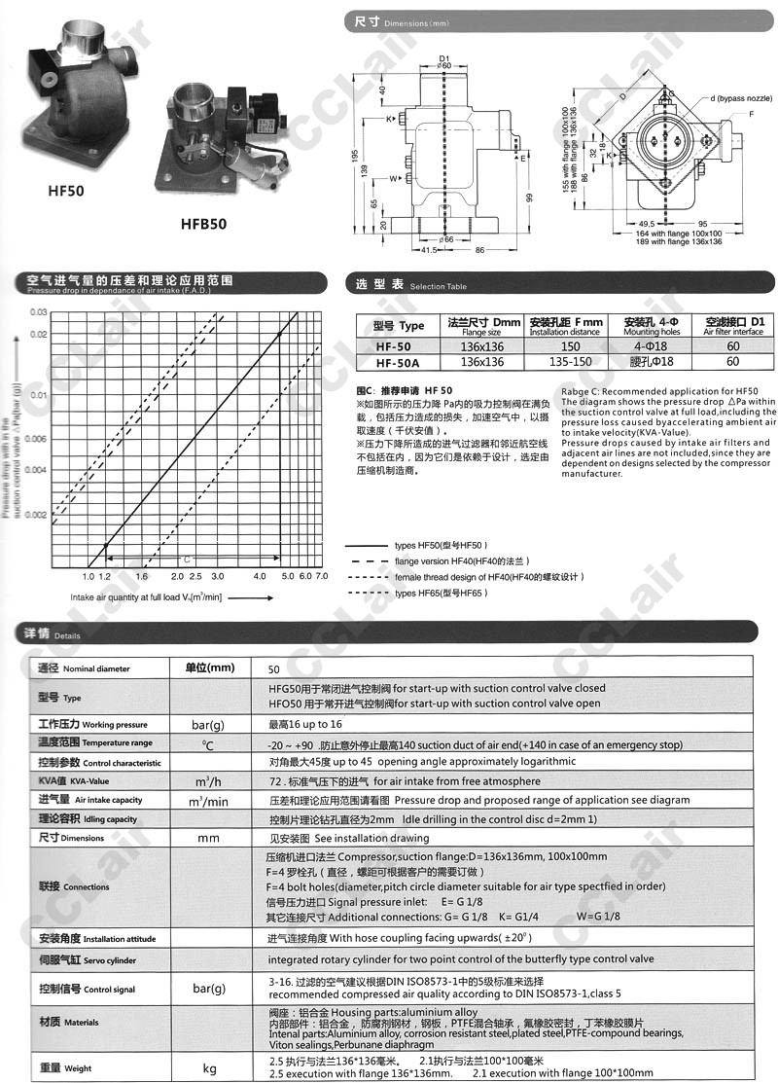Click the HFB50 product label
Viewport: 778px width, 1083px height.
click(x=203, y=223)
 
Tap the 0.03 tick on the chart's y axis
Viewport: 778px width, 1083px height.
click(x=39, y=311)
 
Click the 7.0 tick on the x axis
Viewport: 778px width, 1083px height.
click(x=323, y=576)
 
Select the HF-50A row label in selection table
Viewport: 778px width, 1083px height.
click(x=399, y=362)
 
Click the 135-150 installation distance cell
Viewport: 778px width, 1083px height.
click(x=570, y=362)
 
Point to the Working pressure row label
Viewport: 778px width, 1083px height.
click(x=92, y=725)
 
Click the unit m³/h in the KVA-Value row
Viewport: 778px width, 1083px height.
click(x=209, y=782)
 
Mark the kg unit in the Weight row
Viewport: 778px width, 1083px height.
click(x=209, y=1067)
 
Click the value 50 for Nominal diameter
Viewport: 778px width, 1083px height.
click(x=273, y=669)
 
